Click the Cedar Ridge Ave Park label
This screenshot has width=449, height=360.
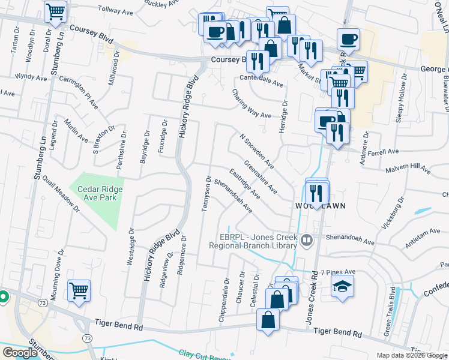pos(100,193)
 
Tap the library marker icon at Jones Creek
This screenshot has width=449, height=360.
pos(307,241)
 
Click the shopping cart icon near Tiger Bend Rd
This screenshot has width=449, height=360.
pos(79,292)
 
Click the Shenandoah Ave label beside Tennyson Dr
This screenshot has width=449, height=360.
pos(232,197)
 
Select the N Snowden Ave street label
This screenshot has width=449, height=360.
pos(256,151)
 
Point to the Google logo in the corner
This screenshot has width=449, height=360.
pos(20,353)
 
